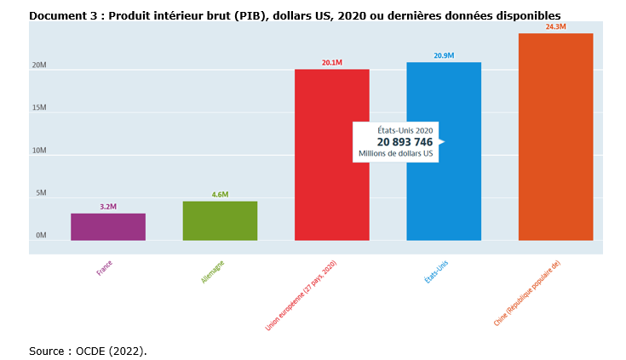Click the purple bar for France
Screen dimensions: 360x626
107,226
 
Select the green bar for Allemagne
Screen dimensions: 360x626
220,220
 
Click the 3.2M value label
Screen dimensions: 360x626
108,207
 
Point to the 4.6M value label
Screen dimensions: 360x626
220,195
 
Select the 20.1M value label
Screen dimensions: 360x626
331,63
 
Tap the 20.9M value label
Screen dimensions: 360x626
444,56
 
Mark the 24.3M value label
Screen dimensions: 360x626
555,27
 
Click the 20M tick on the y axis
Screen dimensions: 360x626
39,66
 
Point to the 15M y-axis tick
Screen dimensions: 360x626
39,108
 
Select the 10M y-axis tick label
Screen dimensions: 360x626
39,151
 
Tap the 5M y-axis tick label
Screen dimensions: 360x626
41,193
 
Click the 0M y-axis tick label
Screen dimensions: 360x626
41,236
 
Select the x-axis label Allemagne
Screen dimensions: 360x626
213,271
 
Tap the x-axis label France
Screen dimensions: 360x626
105,268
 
